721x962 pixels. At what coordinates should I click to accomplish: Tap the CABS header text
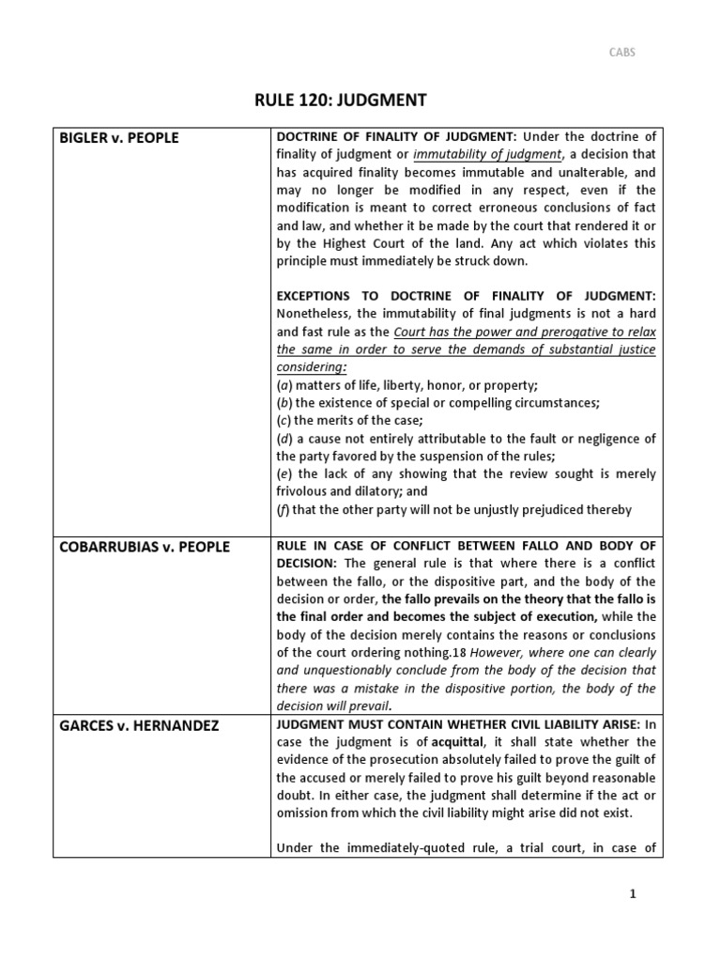[x=622, y=53]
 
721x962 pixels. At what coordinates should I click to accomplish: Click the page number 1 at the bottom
[x=633, y=893]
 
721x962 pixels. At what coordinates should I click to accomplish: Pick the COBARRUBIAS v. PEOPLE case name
[x=144, y=547]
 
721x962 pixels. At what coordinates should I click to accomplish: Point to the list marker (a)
[x=284, y=384]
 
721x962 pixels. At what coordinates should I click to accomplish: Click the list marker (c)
[x=283, y=420]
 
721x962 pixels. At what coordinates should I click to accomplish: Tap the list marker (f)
[x=283, y=509]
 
